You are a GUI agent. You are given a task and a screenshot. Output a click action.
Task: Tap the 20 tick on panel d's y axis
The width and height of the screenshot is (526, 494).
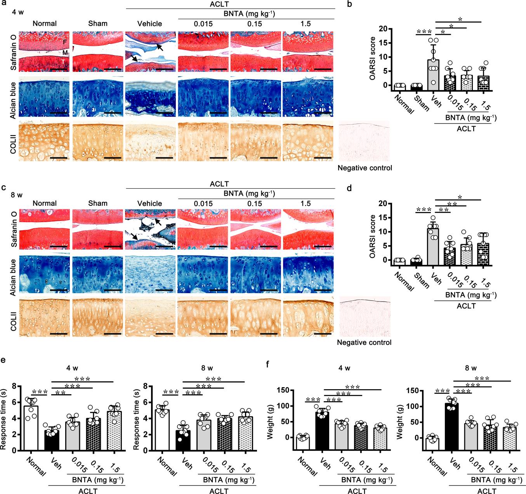(382, 204)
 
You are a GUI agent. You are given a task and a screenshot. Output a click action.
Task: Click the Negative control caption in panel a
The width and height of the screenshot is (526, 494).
(365, 168)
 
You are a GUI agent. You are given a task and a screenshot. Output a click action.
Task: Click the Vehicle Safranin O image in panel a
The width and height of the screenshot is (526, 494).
(150, 52)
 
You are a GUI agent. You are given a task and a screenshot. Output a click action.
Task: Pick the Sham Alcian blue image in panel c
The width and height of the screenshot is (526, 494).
(97, 273)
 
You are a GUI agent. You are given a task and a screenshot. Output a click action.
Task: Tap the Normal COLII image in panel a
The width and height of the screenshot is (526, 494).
(45, 143)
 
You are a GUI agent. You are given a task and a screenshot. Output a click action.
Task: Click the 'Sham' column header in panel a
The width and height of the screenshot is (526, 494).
(97, 24)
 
